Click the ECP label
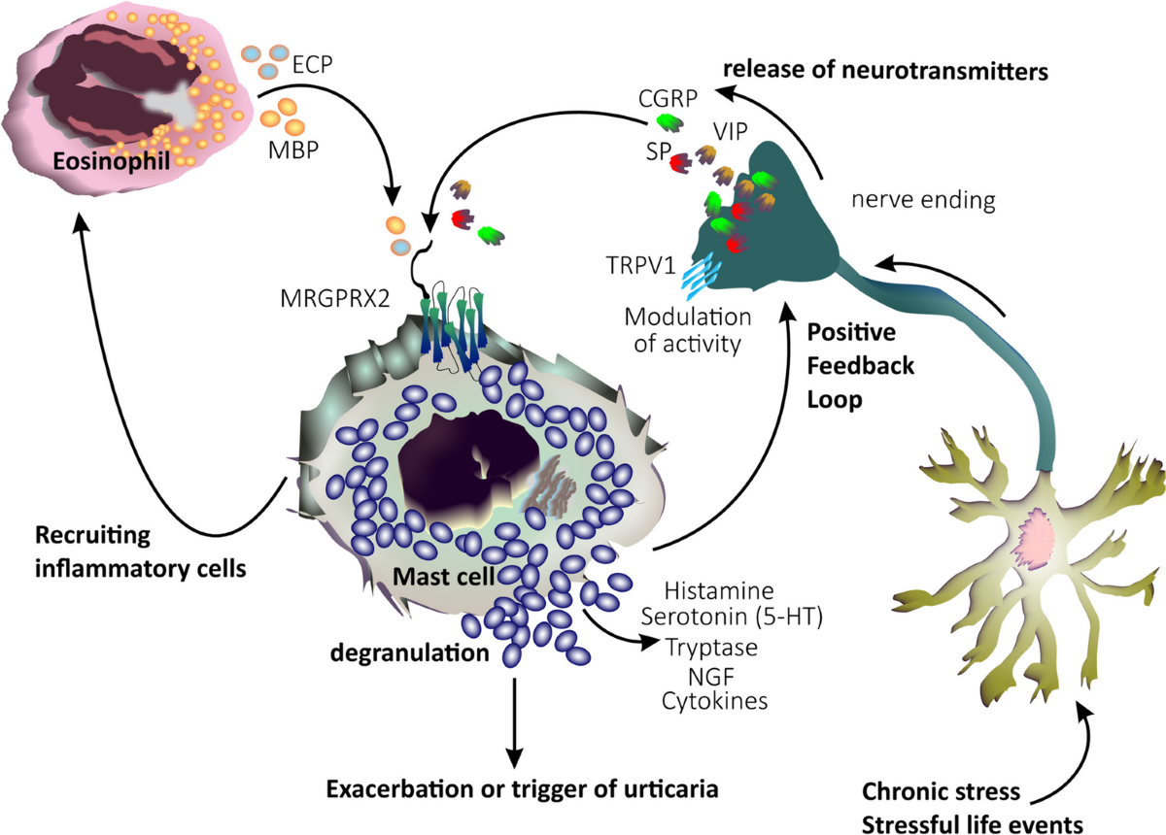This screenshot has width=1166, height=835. (312, 64)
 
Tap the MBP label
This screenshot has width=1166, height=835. (293, 150)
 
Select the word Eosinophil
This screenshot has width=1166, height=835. (112, 161)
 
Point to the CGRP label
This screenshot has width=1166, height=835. (668, 98)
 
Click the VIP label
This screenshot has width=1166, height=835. (731, 132)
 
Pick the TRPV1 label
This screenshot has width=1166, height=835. (640, 265)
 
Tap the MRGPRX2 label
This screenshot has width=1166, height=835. (334, 299)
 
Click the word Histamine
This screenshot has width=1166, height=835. (719, 590)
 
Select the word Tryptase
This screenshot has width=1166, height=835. (712, 649)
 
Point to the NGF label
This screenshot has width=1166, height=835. (711, 677)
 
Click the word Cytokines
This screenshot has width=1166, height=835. (715, 701)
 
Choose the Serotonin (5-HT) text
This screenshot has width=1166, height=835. (732, 617)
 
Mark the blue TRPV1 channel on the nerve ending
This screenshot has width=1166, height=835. (701, 277)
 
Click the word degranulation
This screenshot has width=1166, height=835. (410, 653)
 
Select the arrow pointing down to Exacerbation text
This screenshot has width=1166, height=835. (514, 722)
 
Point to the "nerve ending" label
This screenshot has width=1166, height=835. (923, 200)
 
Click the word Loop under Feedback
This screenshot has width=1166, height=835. (835, 401)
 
